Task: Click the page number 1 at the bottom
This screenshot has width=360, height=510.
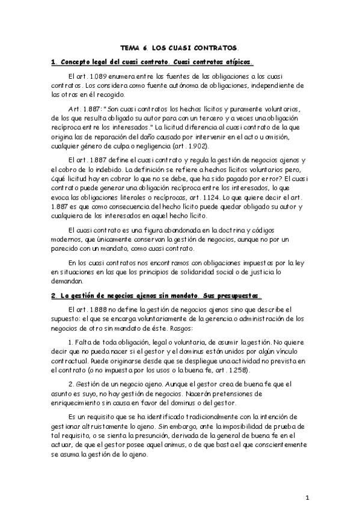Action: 307,498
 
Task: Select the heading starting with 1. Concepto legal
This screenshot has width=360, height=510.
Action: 153,62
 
